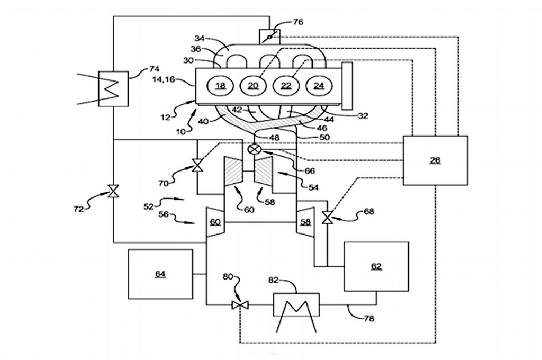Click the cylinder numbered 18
click(220, 85)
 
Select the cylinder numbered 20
click(252, 85)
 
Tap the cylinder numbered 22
click(286, 85)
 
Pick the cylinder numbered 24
click(319, 85)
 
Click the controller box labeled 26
click(435, 160)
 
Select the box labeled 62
click(376, 266)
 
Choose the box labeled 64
click(160, 274)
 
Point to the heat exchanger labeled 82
click(296, 305)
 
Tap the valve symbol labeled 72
click(113, 192)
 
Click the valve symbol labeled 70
click(197, 166)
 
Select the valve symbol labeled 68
click(328, 217)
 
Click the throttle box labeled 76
click(269, 37)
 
